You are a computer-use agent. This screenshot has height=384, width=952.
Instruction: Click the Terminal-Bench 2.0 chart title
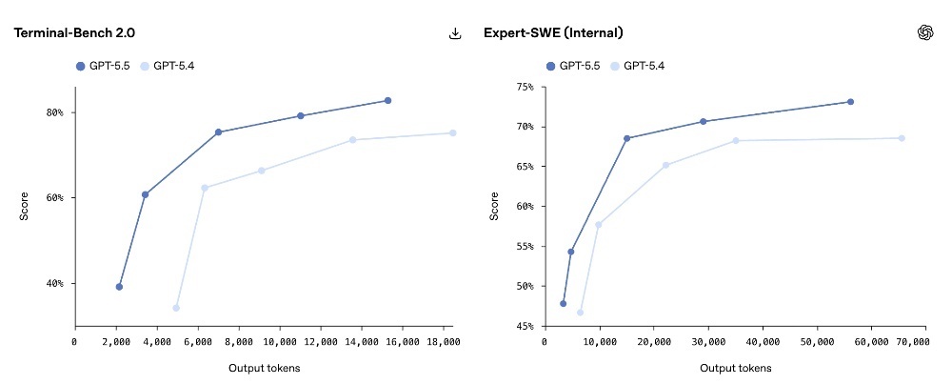74,32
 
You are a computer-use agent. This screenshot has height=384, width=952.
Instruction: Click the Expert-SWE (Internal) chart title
553,32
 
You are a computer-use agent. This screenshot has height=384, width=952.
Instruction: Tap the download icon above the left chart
455,33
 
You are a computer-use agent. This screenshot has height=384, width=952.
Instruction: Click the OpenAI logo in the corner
924,32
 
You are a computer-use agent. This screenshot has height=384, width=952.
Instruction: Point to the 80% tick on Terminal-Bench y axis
55,112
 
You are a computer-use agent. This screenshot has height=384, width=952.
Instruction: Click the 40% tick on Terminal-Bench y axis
55,284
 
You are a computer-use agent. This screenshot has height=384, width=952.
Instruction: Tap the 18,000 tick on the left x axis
443,341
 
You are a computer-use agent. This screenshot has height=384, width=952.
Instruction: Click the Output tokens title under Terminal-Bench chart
263,367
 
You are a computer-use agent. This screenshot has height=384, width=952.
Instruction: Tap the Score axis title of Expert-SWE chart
493,206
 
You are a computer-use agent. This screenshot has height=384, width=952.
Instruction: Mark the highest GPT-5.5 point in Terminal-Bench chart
387,100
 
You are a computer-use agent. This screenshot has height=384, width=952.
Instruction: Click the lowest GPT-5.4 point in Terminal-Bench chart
176,308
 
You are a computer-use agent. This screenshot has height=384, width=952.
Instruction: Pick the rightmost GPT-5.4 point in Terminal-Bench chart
452,132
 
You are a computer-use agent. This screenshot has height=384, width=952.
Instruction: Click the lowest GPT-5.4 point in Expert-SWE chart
580,313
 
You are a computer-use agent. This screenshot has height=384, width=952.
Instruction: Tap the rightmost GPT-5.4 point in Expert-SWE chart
902,138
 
